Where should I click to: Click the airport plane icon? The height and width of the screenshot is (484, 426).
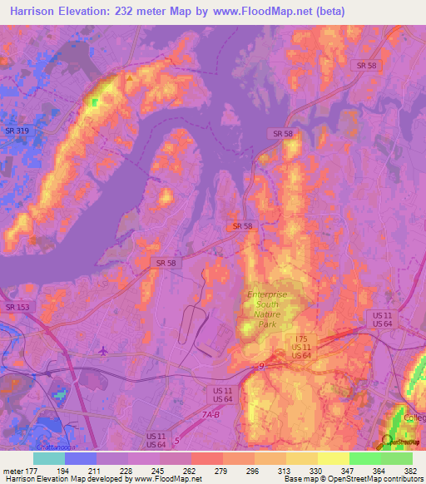tap(102, 349)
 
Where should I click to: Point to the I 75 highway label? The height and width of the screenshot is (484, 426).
tap(301, 338)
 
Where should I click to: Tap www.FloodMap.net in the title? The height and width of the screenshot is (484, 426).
tap(259, 11)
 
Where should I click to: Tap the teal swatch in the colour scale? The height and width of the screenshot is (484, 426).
tap(49, 458)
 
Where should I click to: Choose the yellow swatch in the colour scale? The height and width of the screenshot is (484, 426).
tap(334, 458)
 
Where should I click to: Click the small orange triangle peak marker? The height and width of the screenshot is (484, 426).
tap(130, 77)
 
